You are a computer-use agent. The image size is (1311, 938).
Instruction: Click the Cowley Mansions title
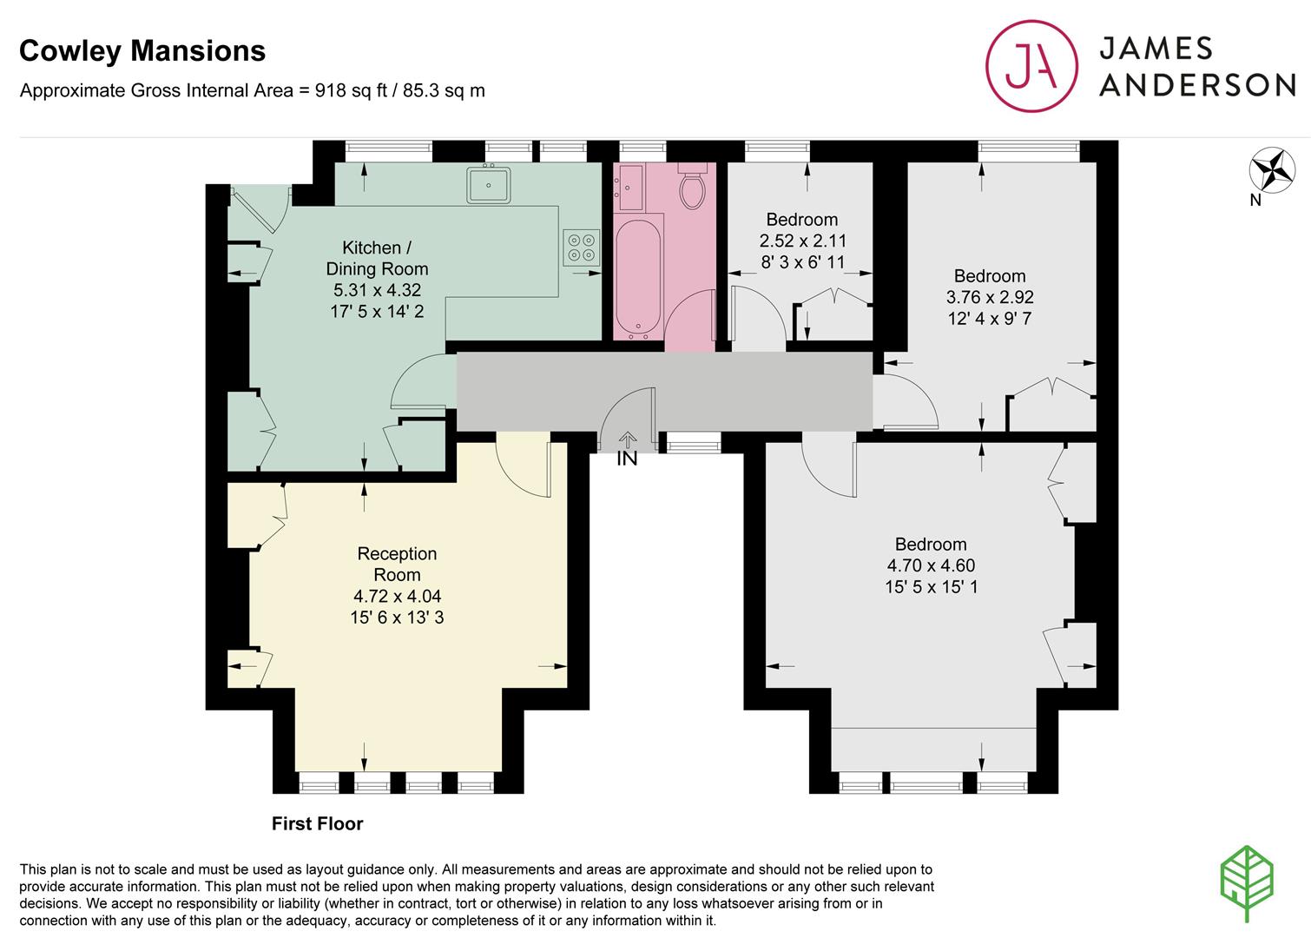click(142, 51)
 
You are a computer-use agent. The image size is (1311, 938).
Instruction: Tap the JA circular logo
click(1031, 66)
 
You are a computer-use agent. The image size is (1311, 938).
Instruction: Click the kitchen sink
click(488, 185)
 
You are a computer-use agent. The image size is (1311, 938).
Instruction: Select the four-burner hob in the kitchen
click(582, 248)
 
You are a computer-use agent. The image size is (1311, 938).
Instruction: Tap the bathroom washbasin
click(629, 188)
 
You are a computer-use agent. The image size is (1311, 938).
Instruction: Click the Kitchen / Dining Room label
click(377, 258)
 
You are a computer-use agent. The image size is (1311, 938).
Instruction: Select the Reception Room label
click(397, 564)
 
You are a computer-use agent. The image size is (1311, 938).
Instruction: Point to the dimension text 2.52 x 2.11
click(802, 241)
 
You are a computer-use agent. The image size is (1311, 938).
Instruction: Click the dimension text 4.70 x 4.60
click(932, 565)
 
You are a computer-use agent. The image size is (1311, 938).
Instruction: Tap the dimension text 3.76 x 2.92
click(990, 297)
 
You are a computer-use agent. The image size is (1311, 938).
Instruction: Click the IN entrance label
click(627, 459)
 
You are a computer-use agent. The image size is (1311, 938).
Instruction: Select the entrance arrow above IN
click(628, 439)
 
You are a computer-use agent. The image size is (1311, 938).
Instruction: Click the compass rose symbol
click(1272, 170)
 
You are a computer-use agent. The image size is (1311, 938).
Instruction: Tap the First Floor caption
click(317, 824)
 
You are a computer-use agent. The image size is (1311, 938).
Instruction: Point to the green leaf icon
click(1247, 883)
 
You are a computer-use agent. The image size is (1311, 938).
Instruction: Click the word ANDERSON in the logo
click(1197, 85)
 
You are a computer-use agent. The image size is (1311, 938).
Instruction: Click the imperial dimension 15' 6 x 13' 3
click(397, 618)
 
